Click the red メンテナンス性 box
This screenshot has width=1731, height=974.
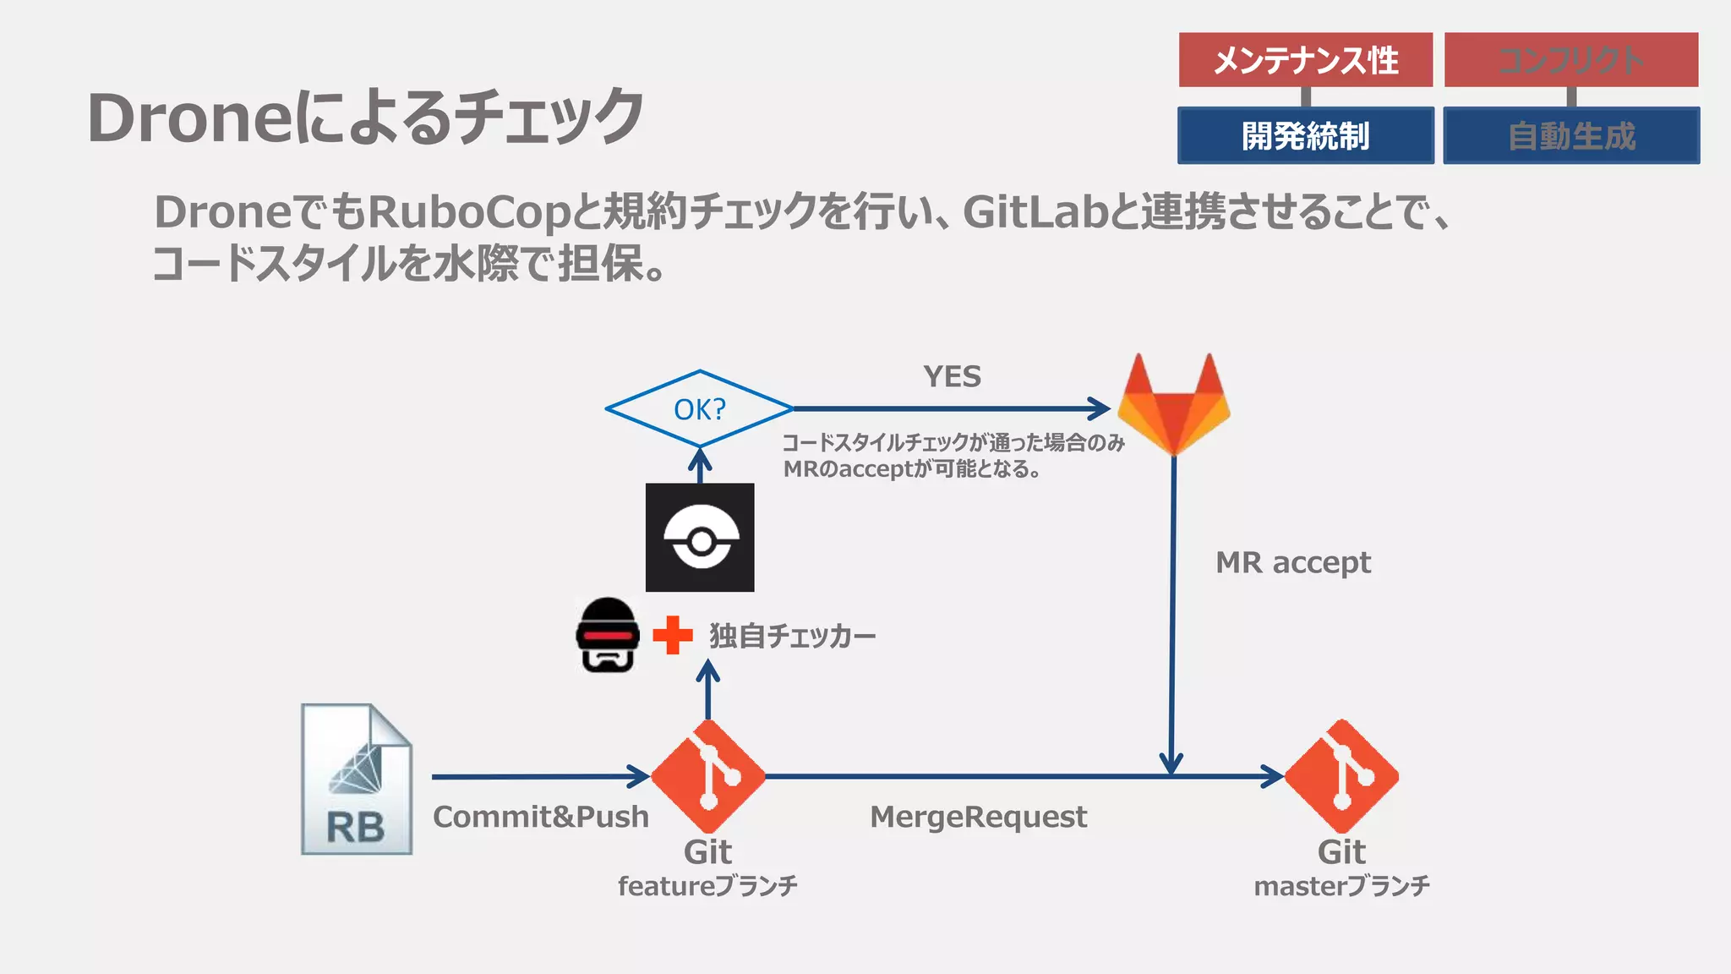1305,60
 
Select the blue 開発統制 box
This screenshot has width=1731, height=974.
1305,135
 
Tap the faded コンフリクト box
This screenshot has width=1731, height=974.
1570,60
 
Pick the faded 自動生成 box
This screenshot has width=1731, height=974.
1570,135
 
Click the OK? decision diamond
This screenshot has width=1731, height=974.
699,409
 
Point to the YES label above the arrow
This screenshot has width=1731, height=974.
952,376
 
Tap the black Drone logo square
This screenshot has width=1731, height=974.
700,538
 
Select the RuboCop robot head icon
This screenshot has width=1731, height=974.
607,636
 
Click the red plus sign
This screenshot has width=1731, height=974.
673,636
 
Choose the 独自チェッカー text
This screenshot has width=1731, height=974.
792,636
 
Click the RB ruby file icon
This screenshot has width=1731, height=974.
357,780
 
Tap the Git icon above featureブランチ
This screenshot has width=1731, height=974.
708,776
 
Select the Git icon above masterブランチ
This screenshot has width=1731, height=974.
1341,776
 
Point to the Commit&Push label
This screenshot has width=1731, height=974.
541,817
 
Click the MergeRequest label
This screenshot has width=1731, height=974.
978,817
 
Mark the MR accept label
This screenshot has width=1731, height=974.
1292,562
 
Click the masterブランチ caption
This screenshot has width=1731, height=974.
1341,886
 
